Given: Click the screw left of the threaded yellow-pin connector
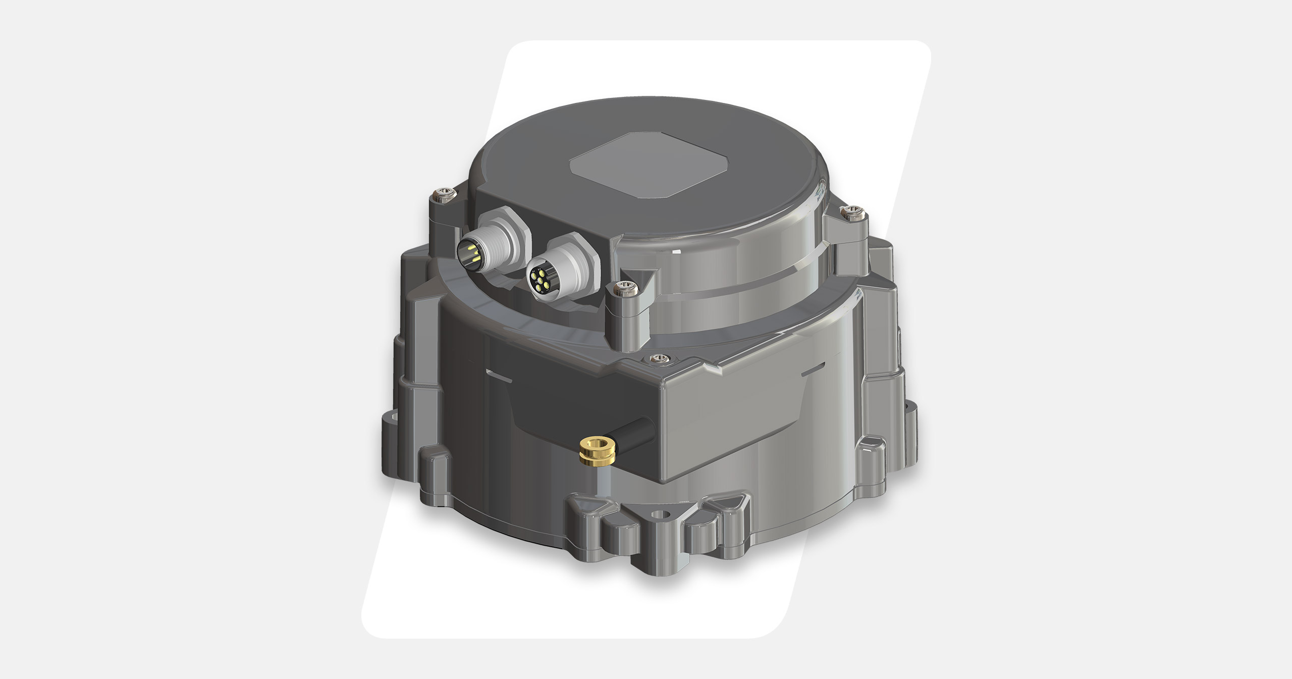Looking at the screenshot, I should [444, 194].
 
